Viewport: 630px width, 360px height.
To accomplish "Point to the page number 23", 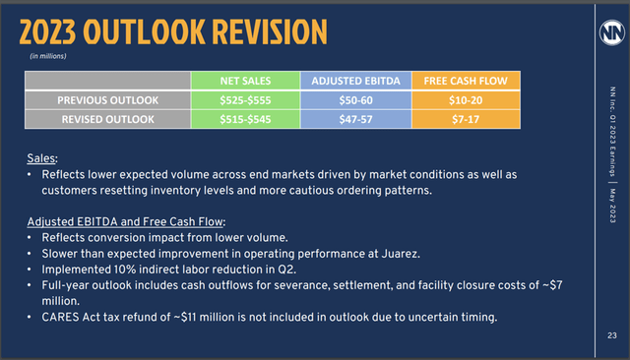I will tap(611, 336).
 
